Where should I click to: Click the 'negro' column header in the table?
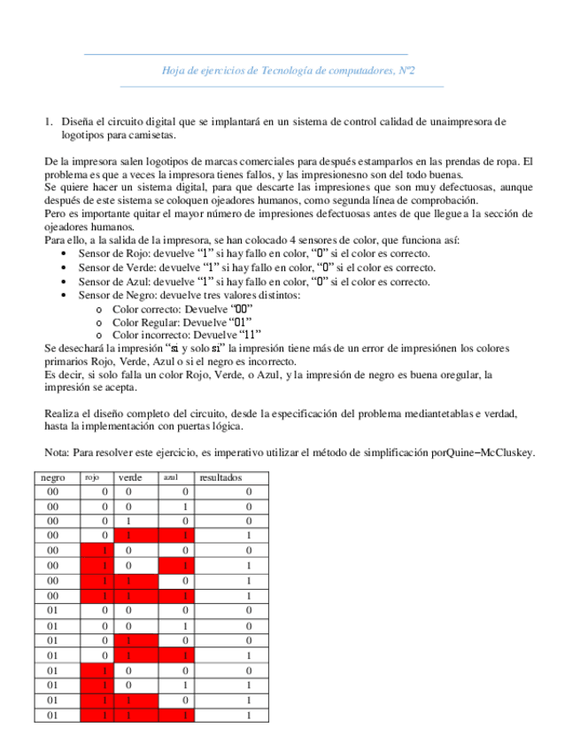pyautogui.click(x=52, y=477)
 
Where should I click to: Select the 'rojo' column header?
pyautogui.click(x=91, y=477)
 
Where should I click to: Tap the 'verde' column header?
pyautogui.click(x=130, y=477)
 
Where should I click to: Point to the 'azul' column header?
pyautogui.click(x=171, y=477)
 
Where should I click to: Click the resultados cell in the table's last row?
pyautogui.click(x=248, y=716)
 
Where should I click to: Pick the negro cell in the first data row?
pyautogui.click(x=52, y=491)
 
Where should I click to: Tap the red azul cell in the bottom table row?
pyautogui.click(x=185, y=716)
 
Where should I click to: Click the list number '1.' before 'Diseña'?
pyautogui.click(x=49, y=121)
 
